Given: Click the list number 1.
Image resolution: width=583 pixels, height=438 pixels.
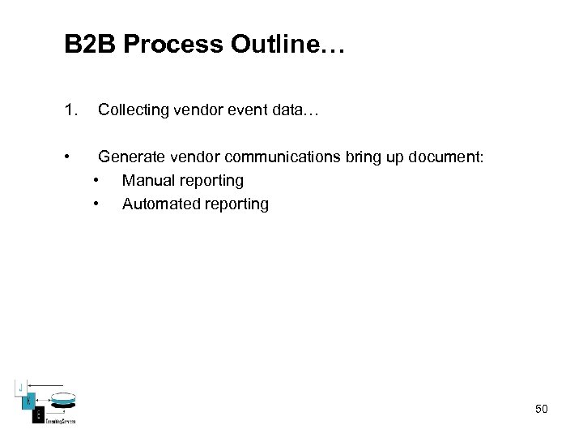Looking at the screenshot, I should click(70, 109).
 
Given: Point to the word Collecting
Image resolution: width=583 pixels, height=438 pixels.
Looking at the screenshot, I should click(134, 109).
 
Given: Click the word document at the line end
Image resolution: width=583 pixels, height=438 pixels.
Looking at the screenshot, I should click(445, 157).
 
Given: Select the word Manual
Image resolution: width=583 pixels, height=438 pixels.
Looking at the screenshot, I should click(147, 180).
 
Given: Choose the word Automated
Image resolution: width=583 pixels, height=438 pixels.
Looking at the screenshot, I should click(157, 204).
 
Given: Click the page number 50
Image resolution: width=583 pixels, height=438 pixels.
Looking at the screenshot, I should click(541, 409).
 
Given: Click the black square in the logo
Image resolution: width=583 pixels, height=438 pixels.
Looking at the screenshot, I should click(37, 414).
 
